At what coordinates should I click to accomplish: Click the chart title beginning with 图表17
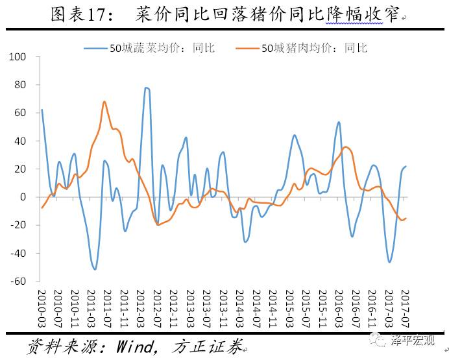pos(224,14)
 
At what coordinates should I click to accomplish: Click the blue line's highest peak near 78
pos(147,88)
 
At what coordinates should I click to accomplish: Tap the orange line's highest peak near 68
pos(104,101)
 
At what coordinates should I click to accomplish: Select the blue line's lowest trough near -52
pos(95,269)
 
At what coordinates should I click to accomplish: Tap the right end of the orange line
pos(407,218)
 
